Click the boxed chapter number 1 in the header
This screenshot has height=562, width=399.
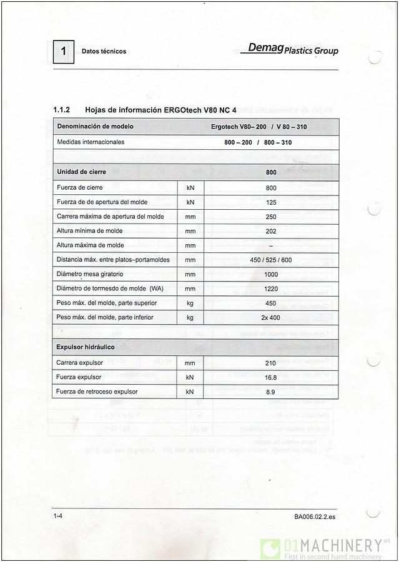63,51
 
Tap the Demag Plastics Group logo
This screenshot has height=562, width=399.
292,49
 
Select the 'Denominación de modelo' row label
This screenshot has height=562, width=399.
95,127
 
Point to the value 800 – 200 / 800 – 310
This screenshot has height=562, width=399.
258,142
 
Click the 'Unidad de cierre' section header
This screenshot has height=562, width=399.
81,172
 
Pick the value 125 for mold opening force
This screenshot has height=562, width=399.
271,202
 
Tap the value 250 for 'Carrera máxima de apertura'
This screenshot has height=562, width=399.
271,217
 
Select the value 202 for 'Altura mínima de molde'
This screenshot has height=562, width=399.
271,231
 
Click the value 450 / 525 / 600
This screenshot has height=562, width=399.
271,260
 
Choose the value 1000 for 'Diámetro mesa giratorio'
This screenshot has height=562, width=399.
271,274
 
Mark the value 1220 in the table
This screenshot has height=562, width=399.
271,288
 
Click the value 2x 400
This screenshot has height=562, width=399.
271,318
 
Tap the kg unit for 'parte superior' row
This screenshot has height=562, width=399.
190,303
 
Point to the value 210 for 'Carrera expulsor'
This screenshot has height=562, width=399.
271,363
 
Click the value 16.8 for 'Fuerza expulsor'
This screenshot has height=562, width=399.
271,377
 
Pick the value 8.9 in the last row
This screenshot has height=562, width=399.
271,392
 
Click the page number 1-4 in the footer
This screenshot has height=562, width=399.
58,516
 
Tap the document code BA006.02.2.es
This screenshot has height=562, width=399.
315,516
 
